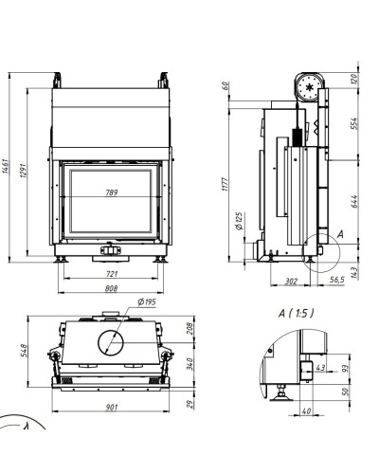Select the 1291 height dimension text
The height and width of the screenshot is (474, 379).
[x=24, y=171]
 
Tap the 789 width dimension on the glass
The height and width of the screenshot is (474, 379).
[x=112, y=192]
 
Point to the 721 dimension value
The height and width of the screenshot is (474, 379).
[x=112, y=274]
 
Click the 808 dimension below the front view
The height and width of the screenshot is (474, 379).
[x=111, y=288]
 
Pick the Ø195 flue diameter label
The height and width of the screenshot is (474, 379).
[x=147, y=301]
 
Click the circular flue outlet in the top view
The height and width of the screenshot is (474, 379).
[x=111, y=342]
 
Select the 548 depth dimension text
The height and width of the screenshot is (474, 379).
[x=24, y=351]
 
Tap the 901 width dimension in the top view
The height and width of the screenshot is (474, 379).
[x=111, y=407]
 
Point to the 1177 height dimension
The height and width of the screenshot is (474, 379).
[x=225, y=184]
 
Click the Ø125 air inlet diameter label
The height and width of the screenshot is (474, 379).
[x=239, y=221]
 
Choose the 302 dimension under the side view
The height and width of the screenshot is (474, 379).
[x=291, y=281]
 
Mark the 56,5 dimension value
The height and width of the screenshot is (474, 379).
[x=336, y=280]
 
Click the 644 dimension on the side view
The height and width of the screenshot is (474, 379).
[x=353, y=202]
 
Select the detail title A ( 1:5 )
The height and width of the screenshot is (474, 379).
[x=296, y=314]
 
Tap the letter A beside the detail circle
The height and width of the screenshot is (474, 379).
[x=340, y=234]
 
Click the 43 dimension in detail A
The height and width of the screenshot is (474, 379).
[x=320, y=368]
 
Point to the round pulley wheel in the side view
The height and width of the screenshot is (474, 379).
[x=310, y=87]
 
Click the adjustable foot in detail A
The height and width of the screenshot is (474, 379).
[x=280, y=393]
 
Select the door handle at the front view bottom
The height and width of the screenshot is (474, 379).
[x=111, y=249]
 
